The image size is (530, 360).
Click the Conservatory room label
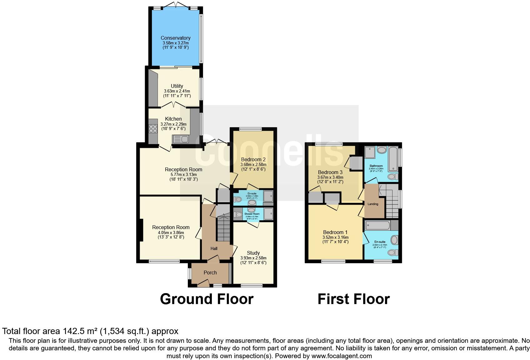pos(175,38)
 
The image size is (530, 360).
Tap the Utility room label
pos(177,86)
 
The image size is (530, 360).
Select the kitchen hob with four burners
pos(153,129)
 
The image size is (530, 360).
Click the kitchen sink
pos(180,139)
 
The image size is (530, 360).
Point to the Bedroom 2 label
pos(253,159)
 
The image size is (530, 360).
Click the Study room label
pos(253,253)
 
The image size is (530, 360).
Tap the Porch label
pos(210,272)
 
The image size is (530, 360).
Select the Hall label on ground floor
pos(214,248)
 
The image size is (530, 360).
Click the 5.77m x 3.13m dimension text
pos(184,174)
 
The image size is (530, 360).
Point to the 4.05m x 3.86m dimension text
pos(171,232)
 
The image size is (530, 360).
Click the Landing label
pos(373,204)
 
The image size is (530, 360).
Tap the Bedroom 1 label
pos(335,232)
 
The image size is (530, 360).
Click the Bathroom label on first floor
pos(376,166)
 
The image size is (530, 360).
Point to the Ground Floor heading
pos(207,299)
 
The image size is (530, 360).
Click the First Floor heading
pos(353,299)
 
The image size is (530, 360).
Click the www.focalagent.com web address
pos(342,356)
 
